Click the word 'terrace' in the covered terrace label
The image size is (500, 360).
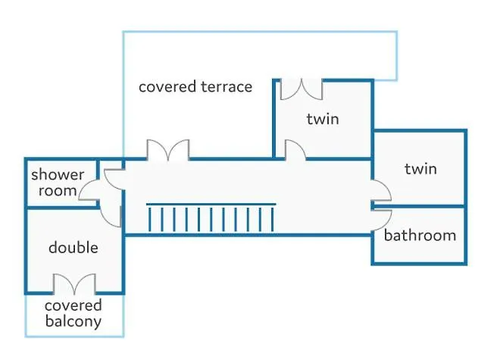[227, 87]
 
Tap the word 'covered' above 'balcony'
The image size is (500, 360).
[73, 305]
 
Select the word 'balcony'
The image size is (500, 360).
[73, 321]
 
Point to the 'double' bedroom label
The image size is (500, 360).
[73, 247]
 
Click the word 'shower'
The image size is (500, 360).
[58, 174]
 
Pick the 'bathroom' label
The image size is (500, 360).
[420, 236]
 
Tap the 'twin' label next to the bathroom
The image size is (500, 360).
[420, 168]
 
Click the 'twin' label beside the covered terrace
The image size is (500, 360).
[323, 119]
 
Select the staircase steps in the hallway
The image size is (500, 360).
[211, 219]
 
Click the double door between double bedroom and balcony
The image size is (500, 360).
[74, 283]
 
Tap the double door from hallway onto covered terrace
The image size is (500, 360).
[168, 149]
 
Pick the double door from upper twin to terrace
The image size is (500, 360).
[302, 89]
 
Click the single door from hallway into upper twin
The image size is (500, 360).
[295, 149]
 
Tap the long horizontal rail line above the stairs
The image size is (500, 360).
[211, 204]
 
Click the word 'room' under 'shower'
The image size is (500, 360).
[58, 190]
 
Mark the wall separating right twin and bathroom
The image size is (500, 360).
[418, 206]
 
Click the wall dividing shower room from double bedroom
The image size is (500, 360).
[61, 208]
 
